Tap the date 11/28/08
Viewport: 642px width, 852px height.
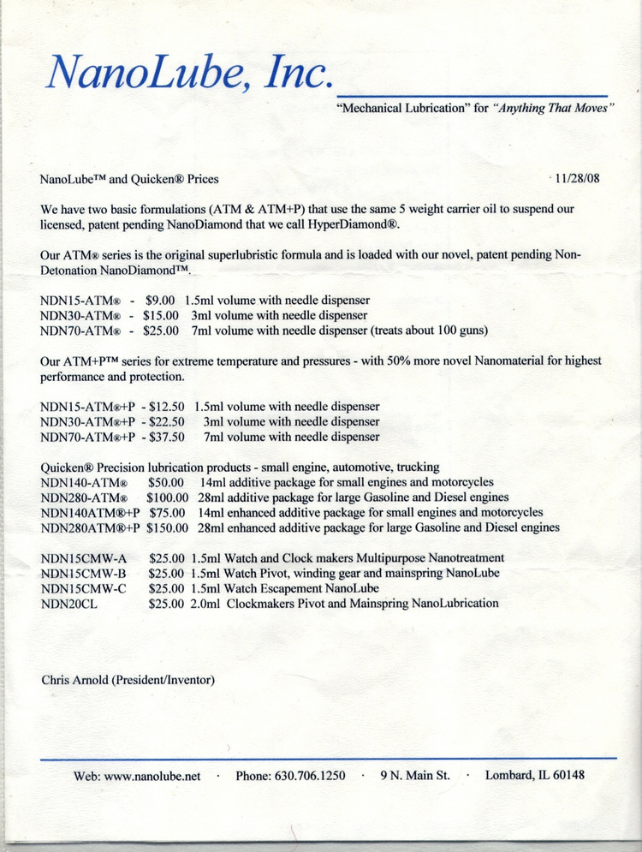578,179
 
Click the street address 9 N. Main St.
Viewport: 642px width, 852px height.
415,776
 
